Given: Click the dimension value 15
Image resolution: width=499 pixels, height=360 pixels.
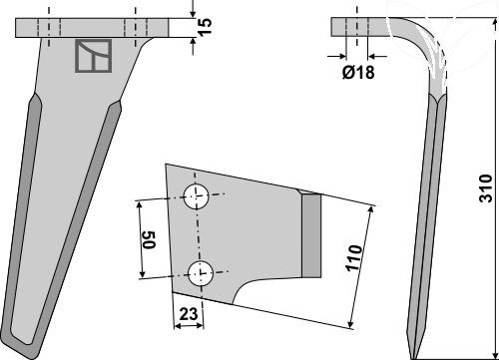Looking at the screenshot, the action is (206, 26).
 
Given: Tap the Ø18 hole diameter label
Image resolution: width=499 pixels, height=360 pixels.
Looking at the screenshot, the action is (358, 72).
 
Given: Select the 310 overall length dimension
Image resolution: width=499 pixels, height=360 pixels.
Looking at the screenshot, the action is (485, 187).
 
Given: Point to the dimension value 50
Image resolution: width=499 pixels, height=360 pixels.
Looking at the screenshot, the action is (150, 239).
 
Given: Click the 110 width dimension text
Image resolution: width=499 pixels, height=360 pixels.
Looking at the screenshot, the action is (353, 258).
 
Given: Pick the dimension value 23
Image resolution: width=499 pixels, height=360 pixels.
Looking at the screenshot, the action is (189, 314).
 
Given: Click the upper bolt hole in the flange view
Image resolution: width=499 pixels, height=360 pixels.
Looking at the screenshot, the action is (197, 196).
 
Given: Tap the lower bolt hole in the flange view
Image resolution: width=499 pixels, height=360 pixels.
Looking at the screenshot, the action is (201, 273).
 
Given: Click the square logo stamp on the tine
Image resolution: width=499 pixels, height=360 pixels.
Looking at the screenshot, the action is (94, 56).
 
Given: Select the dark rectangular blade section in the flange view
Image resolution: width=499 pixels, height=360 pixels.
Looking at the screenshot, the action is (311, 235).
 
